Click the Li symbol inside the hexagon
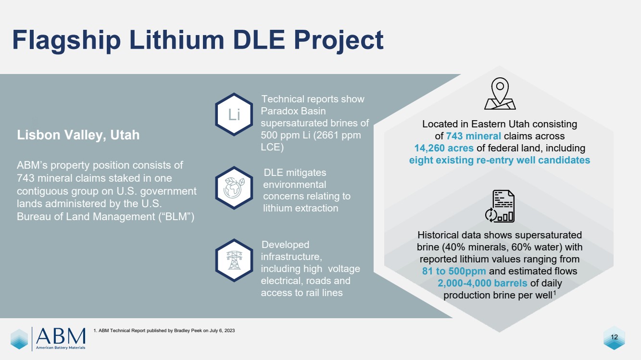[234, 114]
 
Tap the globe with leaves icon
[234, 188]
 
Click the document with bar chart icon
[500, 206]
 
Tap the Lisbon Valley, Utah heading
[78, 135]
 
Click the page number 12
[614, 337]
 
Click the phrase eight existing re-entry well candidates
[499, 160]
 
